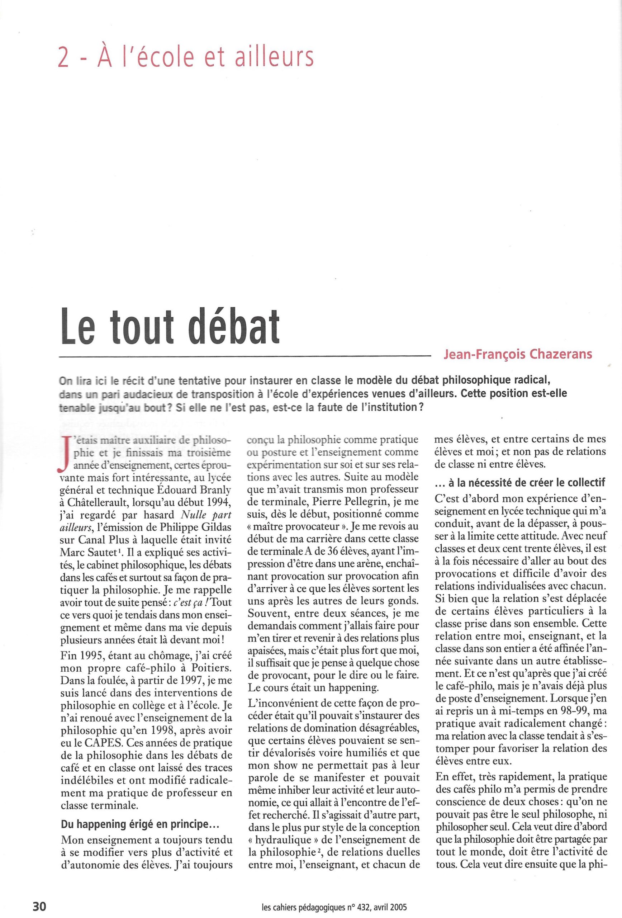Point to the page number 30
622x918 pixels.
(39, 903)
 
